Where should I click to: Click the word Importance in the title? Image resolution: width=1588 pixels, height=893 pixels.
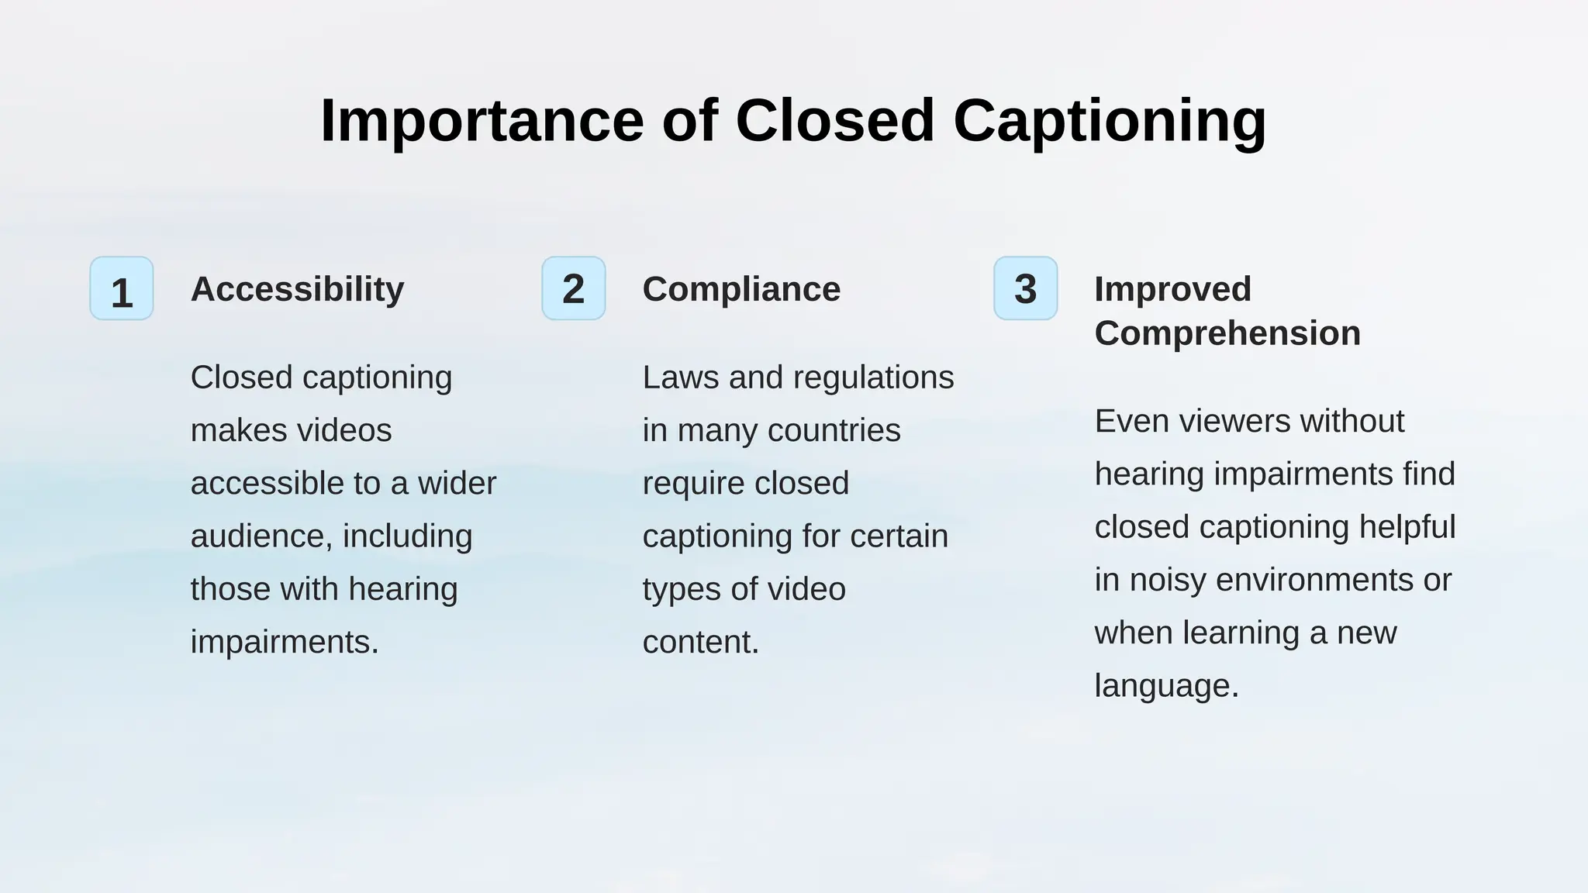pos(482,121)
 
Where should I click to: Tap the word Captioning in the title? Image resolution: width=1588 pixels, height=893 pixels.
pos(1110,121)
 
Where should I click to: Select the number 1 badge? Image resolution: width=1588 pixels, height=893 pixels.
pos(122,289)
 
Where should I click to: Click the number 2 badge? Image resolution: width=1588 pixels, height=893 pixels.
pos(574,289)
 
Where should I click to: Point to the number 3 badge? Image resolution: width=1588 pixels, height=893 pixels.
pos(1025,289)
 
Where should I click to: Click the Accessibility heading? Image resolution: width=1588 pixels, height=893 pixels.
pos(297,289)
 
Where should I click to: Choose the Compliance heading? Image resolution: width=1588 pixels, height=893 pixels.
pos(741,289)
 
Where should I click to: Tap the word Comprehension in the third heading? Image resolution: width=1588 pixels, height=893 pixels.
pos(1227,333)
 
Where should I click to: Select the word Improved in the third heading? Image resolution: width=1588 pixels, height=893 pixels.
pos(1172,289)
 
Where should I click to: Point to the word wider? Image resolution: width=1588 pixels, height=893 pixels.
pos(457,483)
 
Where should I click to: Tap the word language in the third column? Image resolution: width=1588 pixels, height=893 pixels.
pos(1166,686)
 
